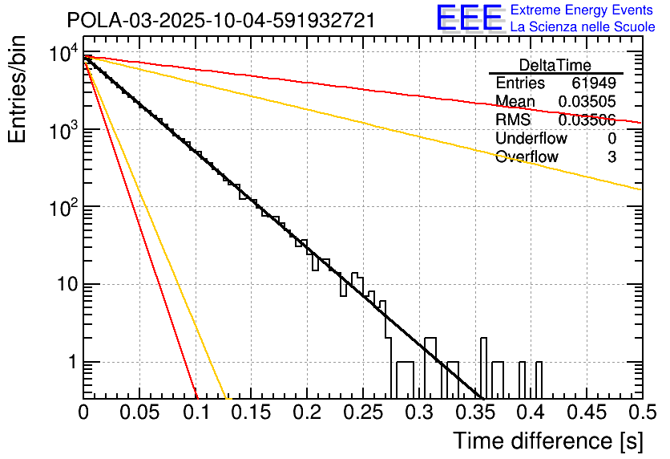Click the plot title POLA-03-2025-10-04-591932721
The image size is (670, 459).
(x=220, y=21)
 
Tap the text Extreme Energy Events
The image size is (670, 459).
(x=581, y=10)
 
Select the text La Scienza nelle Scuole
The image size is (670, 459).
(x=583, y=27)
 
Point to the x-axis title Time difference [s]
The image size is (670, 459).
(x=548, y=441)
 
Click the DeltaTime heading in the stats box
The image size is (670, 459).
(x=555, y=65)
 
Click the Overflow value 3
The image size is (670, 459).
(x=611, y=157)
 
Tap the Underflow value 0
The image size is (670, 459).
(x=611, y=139)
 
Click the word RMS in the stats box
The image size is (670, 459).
(x=513, y=120)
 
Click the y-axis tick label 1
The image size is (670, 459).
(x=71, y=363)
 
